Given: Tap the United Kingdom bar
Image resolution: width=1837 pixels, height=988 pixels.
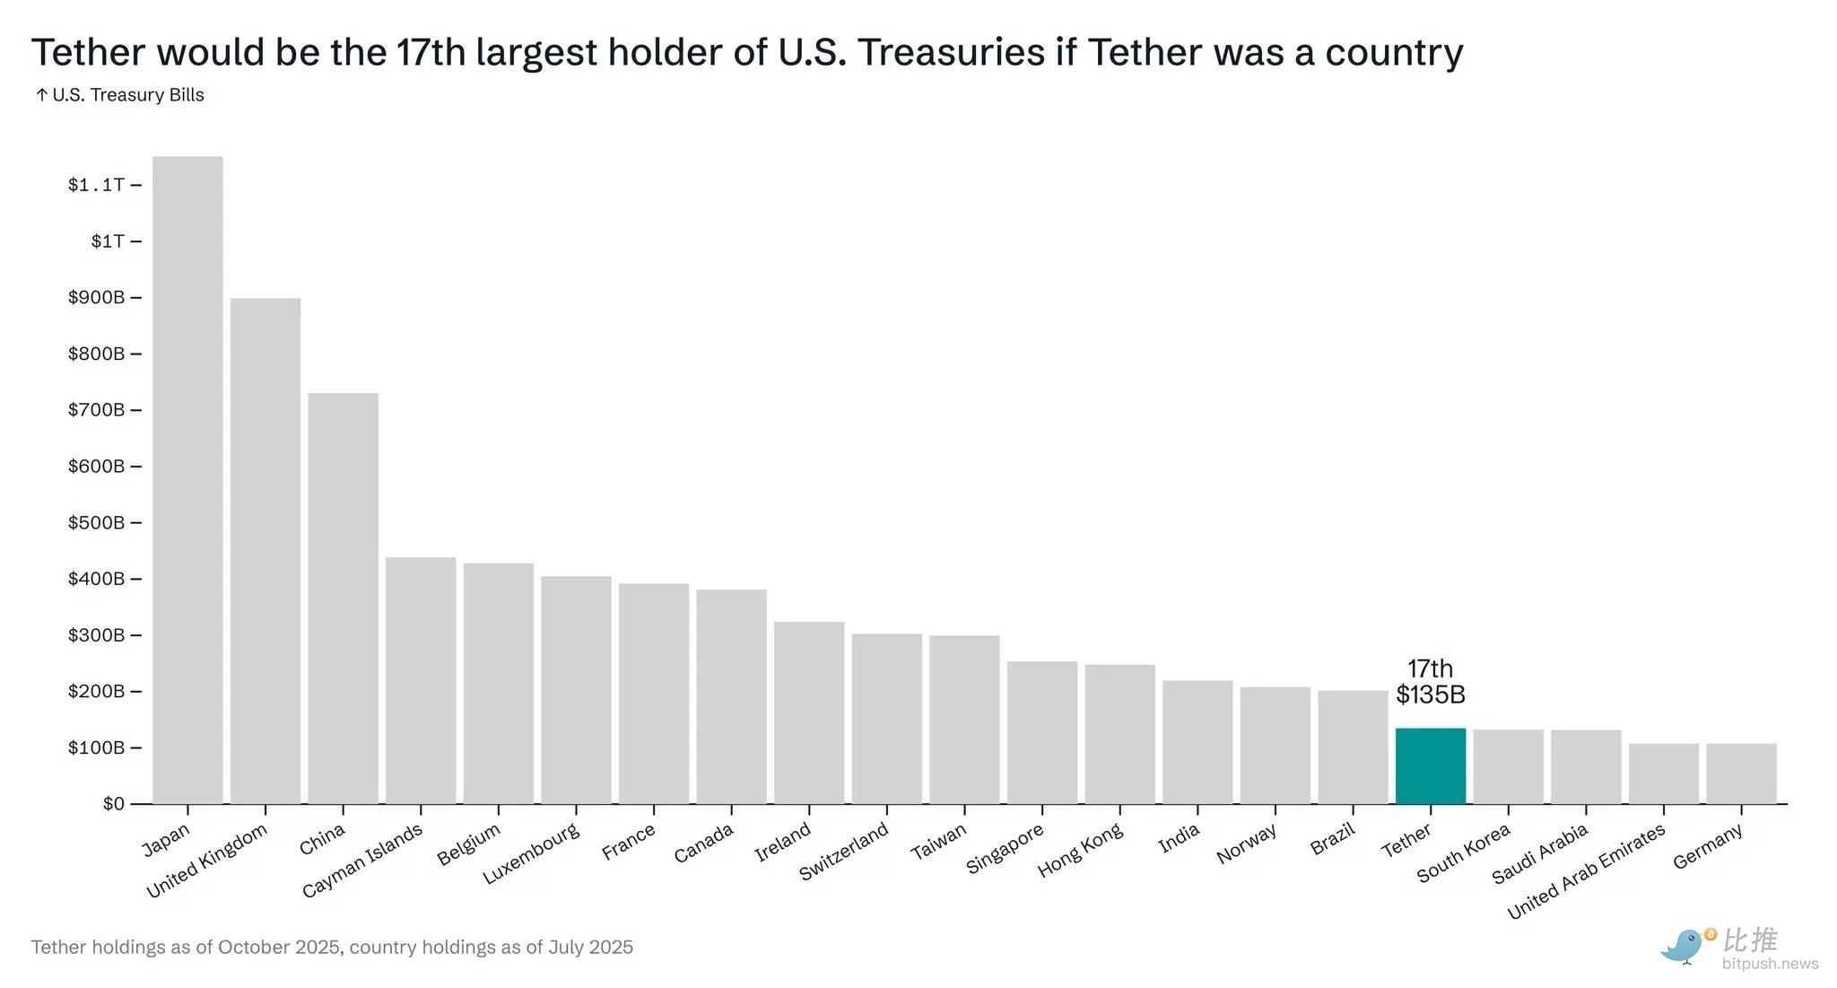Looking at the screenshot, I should pyautogui.click(x=266, y=551).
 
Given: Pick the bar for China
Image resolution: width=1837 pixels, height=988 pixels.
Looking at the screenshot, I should pyautogui.click(x=343, y=599).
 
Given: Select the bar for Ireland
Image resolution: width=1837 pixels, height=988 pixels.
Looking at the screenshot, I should pyautogui.click(x=808, y=713).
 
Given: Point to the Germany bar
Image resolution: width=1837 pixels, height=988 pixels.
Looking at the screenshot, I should pyautogui.click(x=1741, y=774).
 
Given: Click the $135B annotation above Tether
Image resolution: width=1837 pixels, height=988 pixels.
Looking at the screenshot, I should pyautogui.click(x=1430, y=695).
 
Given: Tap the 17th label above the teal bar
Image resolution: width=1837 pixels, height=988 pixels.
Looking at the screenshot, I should pyautogui.click(x=1430, y=669).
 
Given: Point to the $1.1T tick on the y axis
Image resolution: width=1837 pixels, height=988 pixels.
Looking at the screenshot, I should pyautogui.click(x=96, y=185).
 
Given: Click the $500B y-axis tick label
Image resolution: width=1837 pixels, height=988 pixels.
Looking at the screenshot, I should pyautogui.click(x=96, y=522).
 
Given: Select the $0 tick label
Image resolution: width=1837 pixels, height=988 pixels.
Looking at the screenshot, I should pyautogui.click(x=113, y=803).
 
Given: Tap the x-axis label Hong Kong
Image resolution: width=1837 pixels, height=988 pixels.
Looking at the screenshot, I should pyautogui.click(x=1080, y=851).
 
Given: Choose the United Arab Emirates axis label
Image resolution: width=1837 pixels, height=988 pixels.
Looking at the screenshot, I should pyautogui.click(x=1586, y=870).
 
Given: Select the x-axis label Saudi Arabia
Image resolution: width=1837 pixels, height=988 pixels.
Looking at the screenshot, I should pyautogui.click(x=1539, y=853).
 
